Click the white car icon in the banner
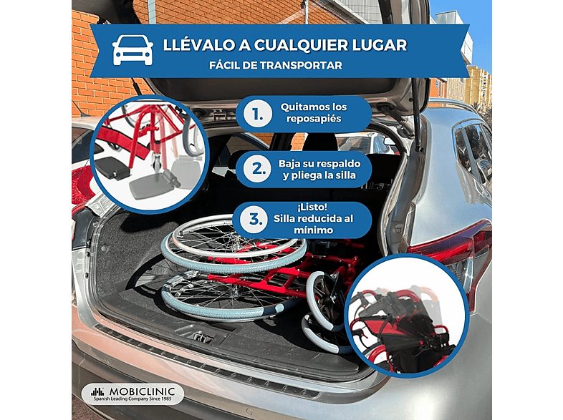[x=133, y=51]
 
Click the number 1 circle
[x=256, y=113]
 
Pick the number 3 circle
[x=255, y=221]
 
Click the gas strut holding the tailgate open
[x=415, y=125]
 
